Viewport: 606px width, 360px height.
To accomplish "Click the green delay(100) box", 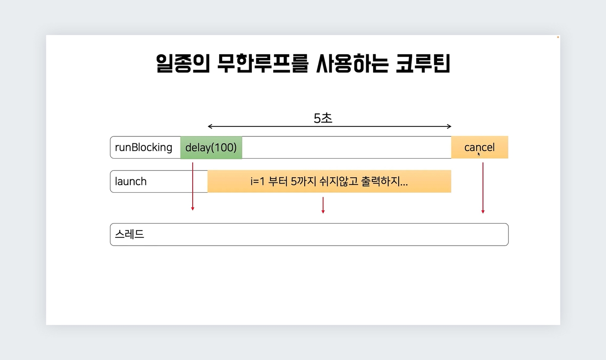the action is pyautogui.click(x=211, y=148).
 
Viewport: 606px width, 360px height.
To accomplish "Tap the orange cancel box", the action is pyautogui.click(x=480, y=147).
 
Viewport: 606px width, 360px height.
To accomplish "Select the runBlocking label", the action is pyautogui.click(x=144, y=148).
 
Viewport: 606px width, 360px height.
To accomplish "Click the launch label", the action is pyautogui.click(x=131, y=182).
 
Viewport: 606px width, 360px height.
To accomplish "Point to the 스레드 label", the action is pyautogui.click(x=129, y=234).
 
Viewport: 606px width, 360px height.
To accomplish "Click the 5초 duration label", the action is pyautogui.click(x=323, y=118).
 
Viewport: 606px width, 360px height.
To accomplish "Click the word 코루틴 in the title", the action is pyautogui.click(x=423, y=63).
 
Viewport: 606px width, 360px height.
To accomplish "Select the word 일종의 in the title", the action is pyautogui.click(x=183, y=63).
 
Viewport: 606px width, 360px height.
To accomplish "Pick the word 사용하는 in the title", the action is pyautogui.click(x=352, y=63).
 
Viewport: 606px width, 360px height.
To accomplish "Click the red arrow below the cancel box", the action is pyautogui.click(x=483, y=188).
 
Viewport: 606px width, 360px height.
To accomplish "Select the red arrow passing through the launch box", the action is pyautogui.click(x=193, y=186).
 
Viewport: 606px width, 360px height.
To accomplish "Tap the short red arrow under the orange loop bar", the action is pyautogui.click(x=323, y=205).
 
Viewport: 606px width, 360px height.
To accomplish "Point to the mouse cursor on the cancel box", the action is pyautogui.click(x=479, y=154).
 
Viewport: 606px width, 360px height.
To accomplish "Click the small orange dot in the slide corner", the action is pyautogui.click(x=558, y=37).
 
